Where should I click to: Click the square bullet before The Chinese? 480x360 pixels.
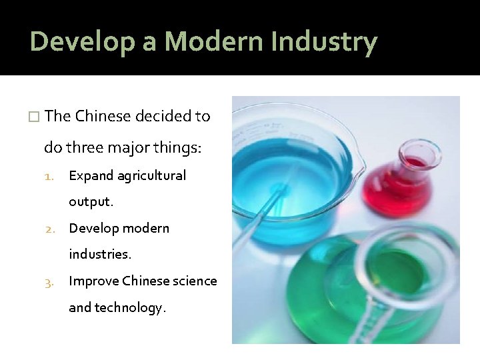coord(35,117)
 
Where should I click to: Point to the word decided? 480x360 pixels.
coord(163,116)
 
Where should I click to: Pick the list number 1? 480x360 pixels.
coord(49,176)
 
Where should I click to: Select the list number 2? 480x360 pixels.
coord(49,229)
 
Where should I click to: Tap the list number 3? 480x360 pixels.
coord(49,281)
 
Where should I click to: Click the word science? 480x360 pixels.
coord(195,281)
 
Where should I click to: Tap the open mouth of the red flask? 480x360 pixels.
coord(421,150)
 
